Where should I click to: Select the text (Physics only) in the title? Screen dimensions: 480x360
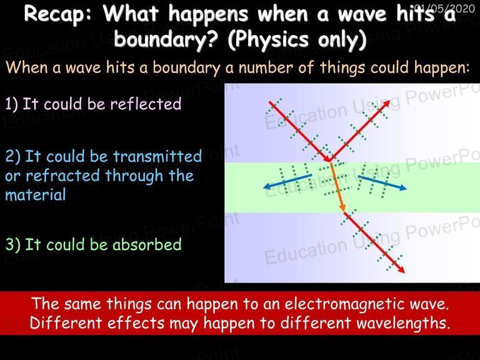click(x=297, y=40)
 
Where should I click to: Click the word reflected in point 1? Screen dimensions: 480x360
click(x=146, y=104)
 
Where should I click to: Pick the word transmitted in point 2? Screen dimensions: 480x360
click(x=157, y=156)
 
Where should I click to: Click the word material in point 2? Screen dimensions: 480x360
click(x=36, y=195)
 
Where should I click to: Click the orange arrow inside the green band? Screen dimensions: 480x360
click(x=337, y=187)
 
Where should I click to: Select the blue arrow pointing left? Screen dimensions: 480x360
click(x=287, y=181)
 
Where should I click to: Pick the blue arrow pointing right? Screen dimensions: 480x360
click(x=382, y=183)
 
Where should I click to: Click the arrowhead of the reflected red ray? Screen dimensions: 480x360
click(x=387, y=103)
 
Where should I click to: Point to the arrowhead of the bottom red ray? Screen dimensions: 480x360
click(x=401, y=269)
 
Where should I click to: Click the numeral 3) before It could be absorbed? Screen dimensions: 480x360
click(x=13, y=244)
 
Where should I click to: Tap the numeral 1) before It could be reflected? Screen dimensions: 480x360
click(x=12, y=104)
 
